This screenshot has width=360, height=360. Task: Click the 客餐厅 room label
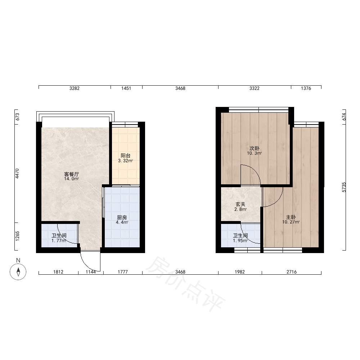[x=72, y=174]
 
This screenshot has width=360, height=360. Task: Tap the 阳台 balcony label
[x=126, y=156]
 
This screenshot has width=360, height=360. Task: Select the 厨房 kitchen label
[x=122, y=217]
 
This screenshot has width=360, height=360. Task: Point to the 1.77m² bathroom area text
[x=59, y=240]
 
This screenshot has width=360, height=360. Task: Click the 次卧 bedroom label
[x=255, y=148]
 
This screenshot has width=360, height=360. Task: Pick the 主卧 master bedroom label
[x=291, y=217]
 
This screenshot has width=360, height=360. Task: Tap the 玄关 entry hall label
[x=240, y=204]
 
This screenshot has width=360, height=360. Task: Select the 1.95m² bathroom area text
[x=240, y=240]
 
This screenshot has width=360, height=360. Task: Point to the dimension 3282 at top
[x=75, y=89]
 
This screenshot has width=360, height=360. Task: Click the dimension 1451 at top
[x=126, y=89]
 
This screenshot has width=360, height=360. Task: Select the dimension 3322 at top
[x=255, y=89]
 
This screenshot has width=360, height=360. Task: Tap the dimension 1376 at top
[x=306, y=89]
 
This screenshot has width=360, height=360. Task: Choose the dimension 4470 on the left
[x=17, y=174]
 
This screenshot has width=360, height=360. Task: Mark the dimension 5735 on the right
[x=344, y=187]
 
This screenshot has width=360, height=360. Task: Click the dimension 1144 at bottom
[x=91, y=272]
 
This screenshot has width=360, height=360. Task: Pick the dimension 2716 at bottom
[x=292, y=272]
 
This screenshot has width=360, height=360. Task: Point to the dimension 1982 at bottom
[x=240, y=272]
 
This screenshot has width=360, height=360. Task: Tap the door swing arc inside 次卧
[x=255, y=170]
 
